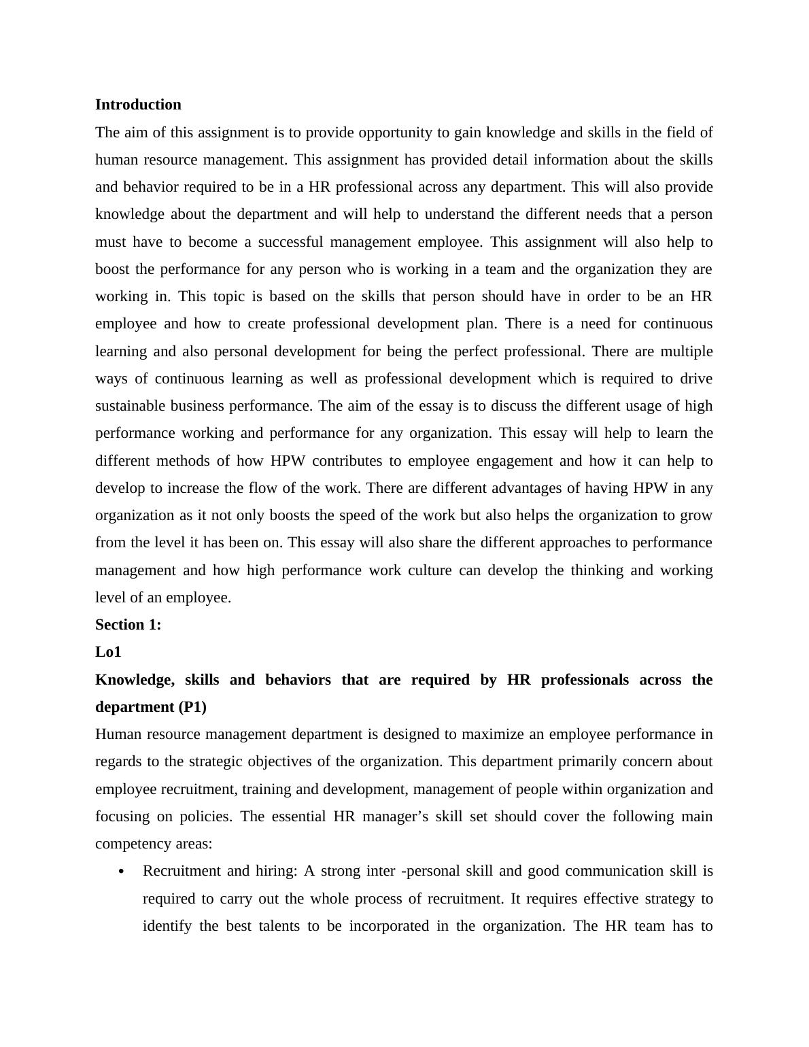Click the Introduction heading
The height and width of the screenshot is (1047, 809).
(138, 105)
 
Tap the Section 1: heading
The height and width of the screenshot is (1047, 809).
(128, 625)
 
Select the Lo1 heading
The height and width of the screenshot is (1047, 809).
(108, 652)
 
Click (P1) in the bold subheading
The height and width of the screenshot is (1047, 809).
(192, 707)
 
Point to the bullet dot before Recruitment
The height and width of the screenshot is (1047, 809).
(121, 872)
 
